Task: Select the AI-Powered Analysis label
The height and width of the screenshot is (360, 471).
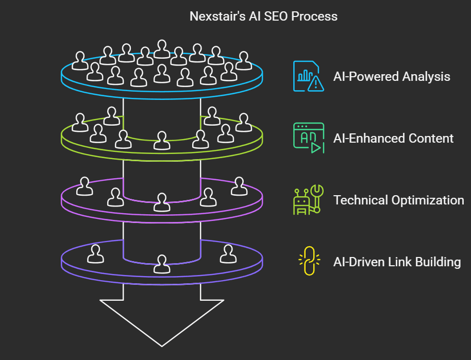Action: point(392,77)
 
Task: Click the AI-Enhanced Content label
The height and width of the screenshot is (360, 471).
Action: point(394,139)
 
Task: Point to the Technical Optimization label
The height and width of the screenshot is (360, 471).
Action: point(398,200)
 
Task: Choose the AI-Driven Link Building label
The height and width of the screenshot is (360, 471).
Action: point(397,262)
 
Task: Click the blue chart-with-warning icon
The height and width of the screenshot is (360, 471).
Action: point(308,76)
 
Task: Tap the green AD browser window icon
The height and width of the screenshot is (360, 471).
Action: point(308,138)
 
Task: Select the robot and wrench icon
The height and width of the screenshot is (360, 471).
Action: point(307,199)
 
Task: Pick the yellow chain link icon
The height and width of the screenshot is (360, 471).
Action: point(308,261)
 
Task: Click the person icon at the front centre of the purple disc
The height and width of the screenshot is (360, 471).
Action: point(162,264)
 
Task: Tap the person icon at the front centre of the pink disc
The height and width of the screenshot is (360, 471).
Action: point(162,202)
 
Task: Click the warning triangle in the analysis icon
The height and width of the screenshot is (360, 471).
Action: point(315,83)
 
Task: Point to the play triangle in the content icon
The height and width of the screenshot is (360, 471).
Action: point(316,147)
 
